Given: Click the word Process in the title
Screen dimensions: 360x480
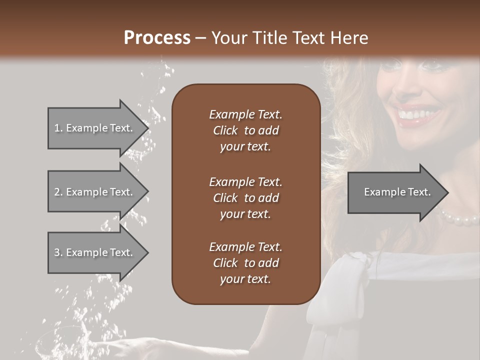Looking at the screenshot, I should coord(157,38).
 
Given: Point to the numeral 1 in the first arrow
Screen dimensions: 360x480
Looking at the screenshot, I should coord(56,128).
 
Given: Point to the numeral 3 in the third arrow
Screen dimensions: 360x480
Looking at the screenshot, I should coord(57,252).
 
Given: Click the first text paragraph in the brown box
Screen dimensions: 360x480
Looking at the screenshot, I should coord(245,130).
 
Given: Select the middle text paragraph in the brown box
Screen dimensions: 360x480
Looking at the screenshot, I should coord(245,198).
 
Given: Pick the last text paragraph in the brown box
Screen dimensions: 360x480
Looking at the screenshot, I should coord(245,263).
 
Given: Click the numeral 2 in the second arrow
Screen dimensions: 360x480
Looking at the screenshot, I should coord(57,192).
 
